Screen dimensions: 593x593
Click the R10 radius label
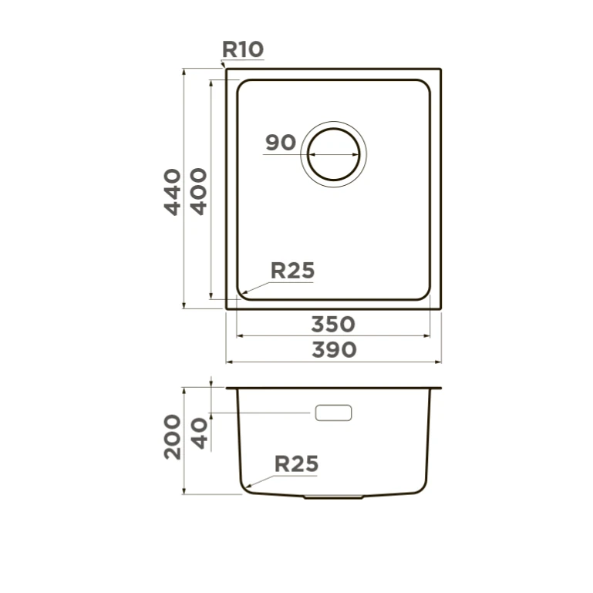coord(242,49)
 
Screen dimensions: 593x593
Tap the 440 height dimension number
coord(173,192)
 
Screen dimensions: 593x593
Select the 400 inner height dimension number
coord(198,191)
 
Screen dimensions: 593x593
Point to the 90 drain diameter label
coord(280,143)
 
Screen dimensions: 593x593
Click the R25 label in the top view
coord(292,271)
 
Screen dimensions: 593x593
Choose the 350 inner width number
coord(333,325)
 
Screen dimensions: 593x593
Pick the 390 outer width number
coord(334,350)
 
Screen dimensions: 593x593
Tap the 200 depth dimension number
coord(173,437)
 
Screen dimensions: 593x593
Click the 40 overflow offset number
coord(199,433)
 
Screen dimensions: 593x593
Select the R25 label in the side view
coord(296,464)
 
